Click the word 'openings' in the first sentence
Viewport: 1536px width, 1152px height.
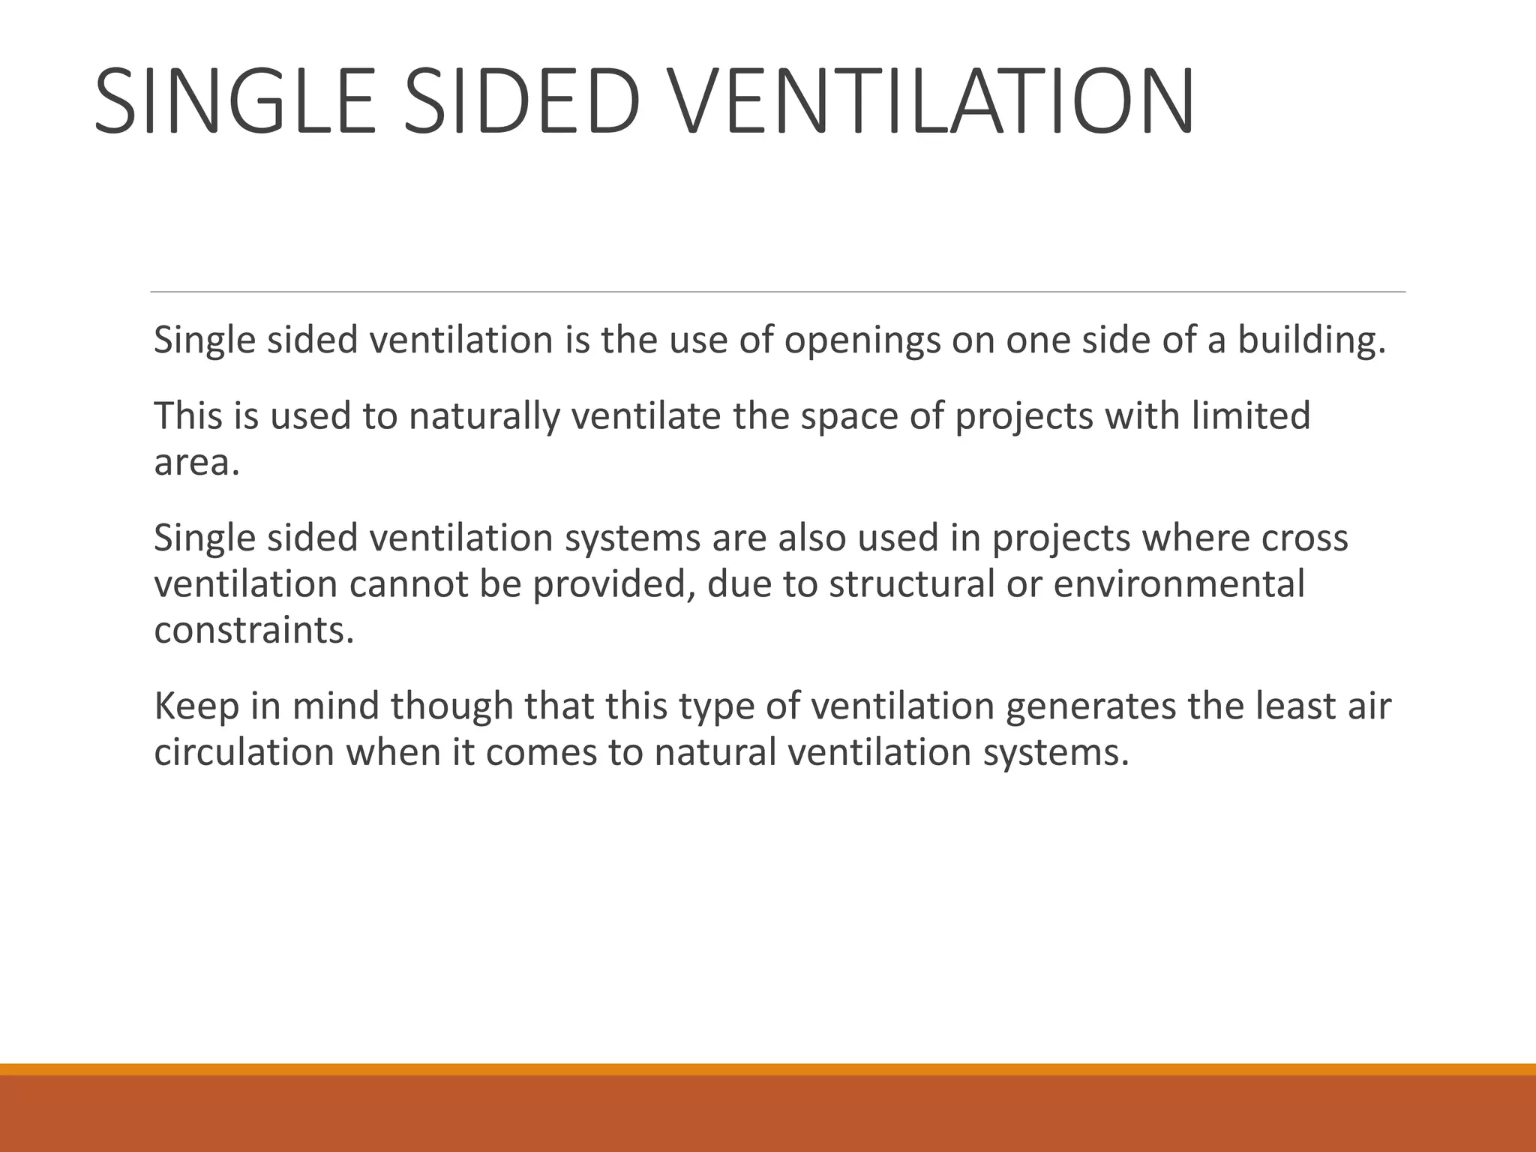862,340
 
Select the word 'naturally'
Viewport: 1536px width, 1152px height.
484,416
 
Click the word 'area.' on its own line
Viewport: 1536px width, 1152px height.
196,463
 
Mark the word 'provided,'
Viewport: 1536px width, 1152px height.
613,585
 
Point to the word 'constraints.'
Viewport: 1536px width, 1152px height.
253,631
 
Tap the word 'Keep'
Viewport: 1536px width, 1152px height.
196,706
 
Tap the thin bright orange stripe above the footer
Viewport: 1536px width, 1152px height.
768,1069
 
